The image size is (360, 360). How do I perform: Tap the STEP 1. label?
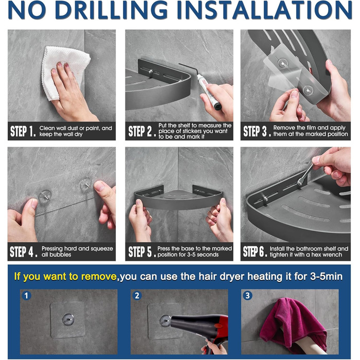pos(23,131)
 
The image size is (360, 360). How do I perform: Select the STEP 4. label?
pos(24,251)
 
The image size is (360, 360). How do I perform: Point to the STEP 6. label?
pos(255,251)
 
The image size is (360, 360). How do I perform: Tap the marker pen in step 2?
pos(208,92)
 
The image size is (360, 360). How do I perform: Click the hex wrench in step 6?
pos(305,174)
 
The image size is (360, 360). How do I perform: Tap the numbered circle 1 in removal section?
pos(26,296)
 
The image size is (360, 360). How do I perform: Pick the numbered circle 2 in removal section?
pos(137,296)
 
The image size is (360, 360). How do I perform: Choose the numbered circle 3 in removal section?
pos(247,295)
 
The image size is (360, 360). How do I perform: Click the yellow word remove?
pos(99,277)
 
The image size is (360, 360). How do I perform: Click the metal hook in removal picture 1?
pos(68,319)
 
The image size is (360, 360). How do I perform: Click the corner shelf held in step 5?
pos(178,198)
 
